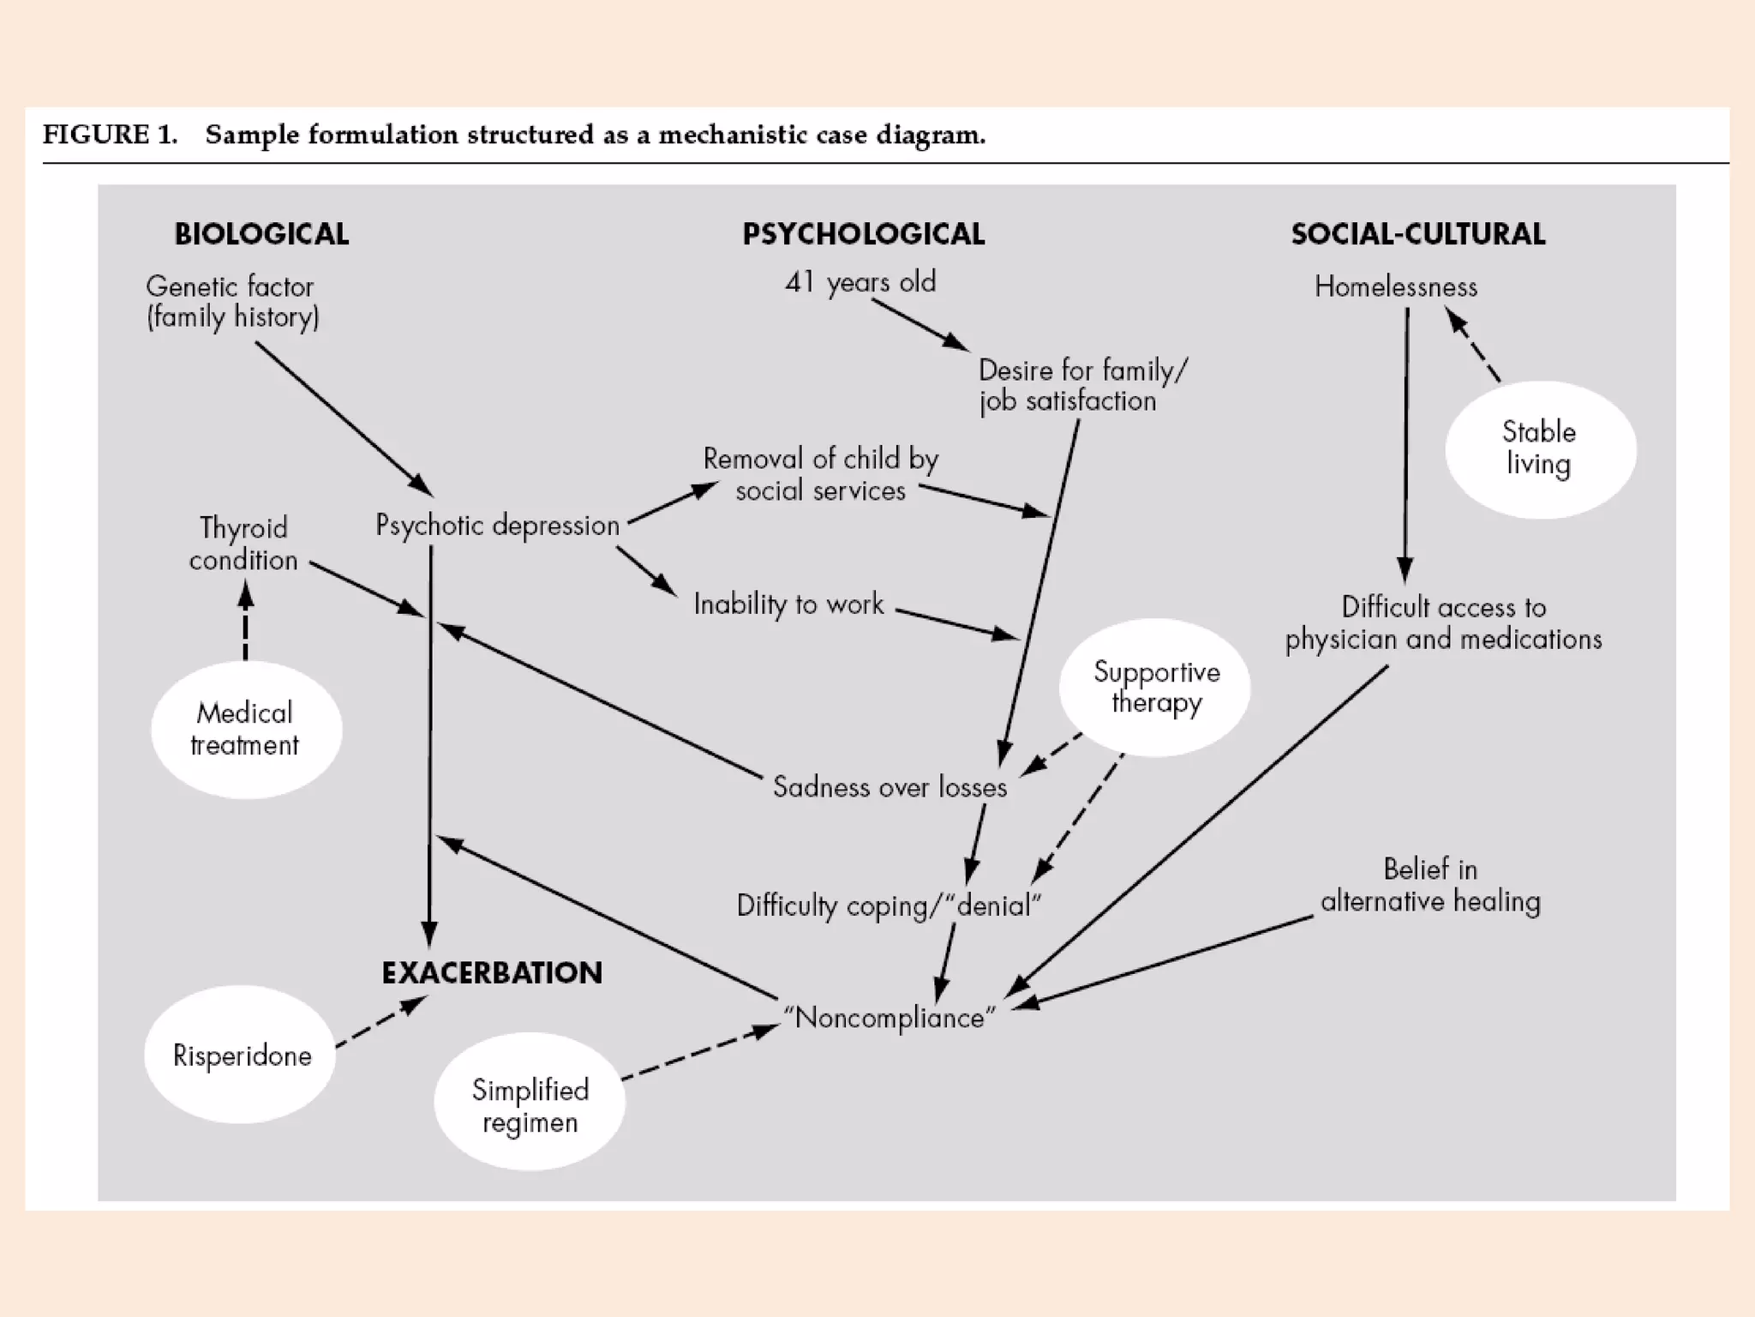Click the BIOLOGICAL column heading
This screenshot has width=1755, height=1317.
[261, 234]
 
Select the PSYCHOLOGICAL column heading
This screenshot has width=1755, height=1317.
[863, 234]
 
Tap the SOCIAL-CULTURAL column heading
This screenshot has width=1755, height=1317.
[1417, 234]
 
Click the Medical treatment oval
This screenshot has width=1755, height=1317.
[246, 730]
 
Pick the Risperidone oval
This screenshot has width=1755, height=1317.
[241, 1055]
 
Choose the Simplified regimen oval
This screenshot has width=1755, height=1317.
[530, 1103]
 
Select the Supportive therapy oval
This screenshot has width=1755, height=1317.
[1155, 688]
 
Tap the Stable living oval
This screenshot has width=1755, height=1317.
[1540, 449]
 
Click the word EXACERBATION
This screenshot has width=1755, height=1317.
[492, 973]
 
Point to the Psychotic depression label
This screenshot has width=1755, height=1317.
[497, 525]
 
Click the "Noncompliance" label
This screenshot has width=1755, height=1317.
[889, 1018]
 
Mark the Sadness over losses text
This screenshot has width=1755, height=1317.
[889, 787]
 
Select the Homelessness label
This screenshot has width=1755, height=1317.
[1396, 286]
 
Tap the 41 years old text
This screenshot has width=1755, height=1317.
[860, 282]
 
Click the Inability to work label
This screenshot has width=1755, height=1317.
[788, 604]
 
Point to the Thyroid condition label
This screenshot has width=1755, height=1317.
[243, 544]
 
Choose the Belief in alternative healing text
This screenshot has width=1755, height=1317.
[1430, 885]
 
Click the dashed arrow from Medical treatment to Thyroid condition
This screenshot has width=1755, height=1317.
[246, 622]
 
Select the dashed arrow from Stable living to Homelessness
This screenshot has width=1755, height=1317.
[1474, 346]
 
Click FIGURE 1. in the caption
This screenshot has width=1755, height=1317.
[110, 135]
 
